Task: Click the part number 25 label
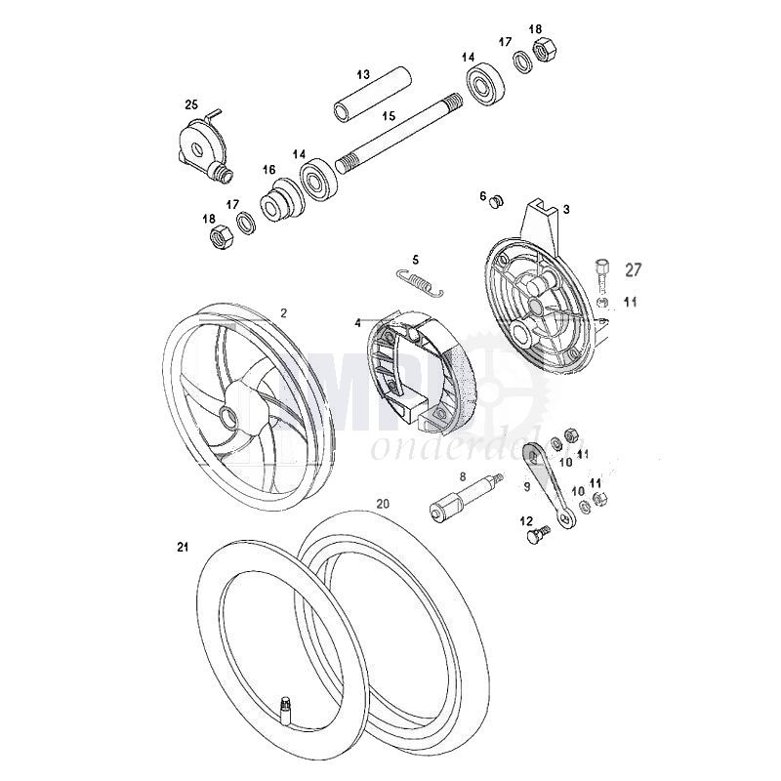(190, 103)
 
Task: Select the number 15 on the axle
(389, 115)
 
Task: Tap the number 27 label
(633, 269)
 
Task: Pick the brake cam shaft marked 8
(465, 498)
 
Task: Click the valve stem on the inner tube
(287, 701)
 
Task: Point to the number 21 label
(181, 549)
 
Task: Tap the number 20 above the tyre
(383, 504)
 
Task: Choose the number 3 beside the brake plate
(566, 209)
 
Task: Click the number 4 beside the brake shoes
(358, 322)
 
